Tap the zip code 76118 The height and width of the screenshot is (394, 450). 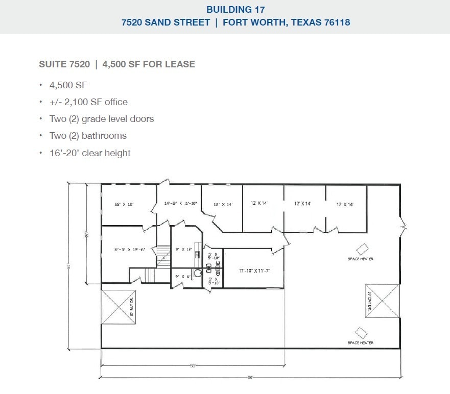[334, 22]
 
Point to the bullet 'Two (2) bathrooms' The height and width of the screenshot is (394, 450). [88, 136]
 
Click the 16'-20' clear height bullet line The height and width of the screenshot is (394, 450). [90, 153]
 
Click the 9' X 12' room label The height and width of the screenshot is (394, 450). [183, 249]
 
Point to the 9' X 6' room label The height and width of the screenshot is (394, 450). [182, 276]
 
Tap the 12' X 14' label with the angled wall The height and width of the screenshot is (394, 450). [223, 204]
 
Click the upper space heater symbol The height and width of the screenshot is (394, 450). [362, 249]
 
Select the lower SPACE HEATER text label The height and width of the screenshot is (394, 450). [360, 342]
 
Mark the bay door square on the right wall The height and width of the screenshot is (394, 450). [382, 301]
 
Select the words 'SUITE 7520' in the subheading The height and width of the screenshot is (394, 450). [64, 64]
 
